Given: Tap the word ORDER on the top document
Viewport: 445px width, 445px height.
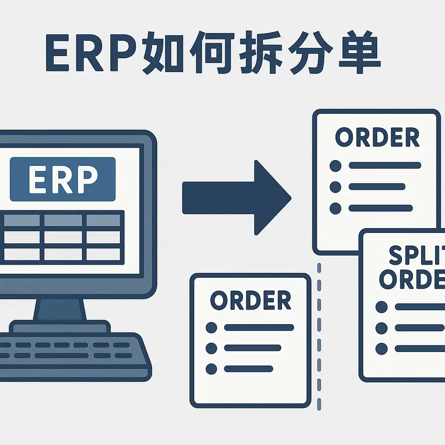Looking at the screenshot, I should pos(377,138).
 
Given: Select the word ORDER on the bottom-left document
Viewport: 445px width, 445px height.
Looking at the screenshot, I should pos(250,300).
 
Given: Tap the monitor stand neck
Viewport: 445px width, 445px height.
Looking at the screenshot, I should pos(60,309).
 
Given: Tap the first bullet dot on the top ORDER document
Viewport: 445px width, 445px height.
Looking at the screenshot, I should pos(335,166).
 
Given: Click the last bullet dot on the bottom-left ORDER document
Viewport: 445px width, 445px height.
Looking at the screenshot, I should pos(212,369).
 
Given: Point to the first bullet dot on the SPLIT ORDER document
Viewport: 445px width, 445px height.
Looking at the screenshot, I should pos(382,307).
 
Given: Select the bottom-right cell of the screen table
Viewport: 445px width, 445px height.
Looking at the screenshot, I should pos(103,254).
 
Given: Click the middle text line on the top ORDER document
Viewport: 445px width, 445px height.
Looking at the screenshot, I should pos(377,187).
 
